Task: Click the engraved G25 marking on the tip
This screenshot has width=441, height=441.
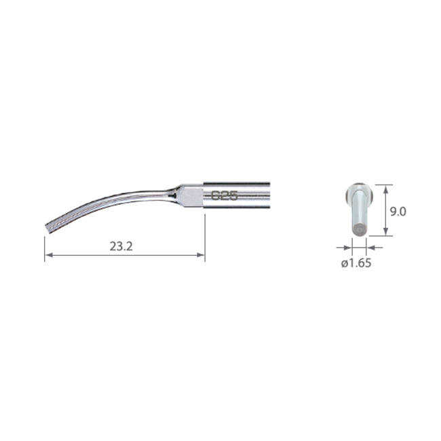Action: (x=225, y=195)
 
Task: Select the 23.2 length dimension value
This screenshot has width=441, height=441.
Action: (x=121, y=246)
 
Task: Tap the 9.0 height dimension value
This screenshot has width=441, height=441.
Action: (x=398, y=212)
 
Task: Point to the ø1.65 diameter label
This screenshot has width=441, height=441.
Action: (x=356, y=263)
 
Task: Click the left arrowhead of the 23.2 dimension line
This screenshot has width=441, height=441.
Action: (x=49, y=255)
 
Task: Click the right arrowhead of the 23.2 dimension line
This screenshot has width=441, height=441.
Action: (x=201, y=255)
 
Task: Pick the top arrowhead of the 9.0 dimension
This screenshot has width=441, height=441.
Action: (x=386, y=189)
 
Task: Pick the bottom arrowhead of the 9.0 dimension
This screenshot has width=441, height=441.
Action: (x=386, y=231)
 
